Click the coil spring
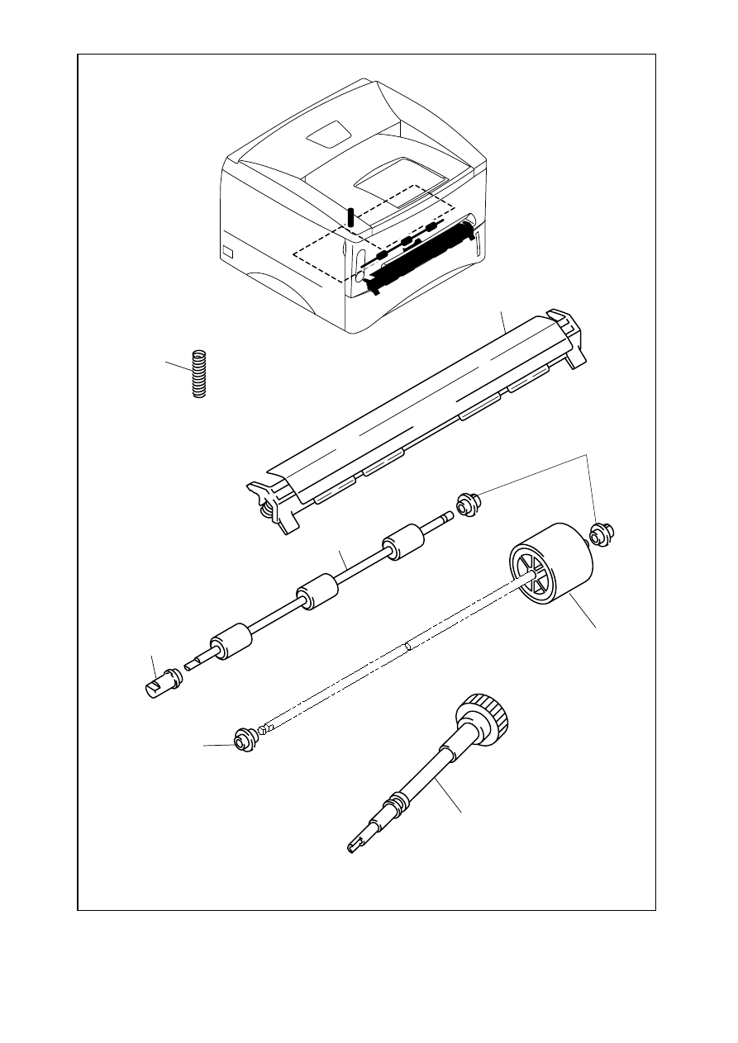[198, 374]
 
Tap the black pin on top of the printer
[351, 216]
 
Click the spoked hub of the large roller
[526, 573]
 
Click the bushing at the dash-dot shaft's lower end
[244, 740]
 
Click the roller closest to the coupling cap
[230, 641]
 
